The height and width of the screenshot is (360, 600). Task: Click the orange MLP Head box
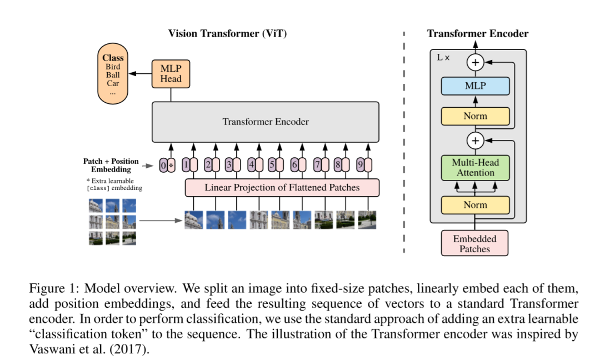pyautogui.click(x=171, y=74)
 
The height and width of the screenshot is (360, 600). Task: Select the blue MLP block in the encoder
pyautogui.click(x=475, y=86)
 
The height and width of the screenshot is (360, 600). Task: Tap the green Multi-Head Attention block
pyautogui.click(x=475, y=168)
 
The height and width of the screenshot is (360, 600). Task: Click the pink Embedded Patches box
pyautogui.click(x=474, y=243)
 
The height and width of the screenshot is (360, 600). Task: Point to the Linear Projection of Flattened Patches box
pyautogui.click(x=282, y=187)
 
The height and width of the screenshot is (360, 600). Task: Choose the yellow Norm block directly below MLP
pyautogui.click(x=475, y=116)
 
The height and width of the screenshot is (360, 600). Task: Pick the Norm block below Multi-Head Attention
pyautogui.click(x=475, y=205)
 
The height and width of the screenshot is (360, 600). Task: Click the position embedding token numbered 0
pyautogui.click(x=163, y=165)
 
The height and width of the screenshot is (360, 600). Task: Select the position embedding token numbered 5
pyautogui.click(x=272, y=165)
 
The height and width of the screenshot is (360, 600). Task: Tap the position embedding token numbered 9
pyautogui.click(x=361, y=165)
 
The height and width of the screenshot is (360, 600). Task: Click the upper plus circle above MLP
pyautogui.click(x=475, y=62)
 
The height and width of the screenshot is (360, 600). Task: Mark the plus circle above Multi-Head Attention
pyautogui.click(x=475, y=141)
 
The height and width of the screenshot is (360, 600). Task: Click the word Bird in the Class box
pyautogui.click(x=113, y=67)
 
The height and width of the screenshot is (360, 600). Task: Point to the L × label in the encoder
pyautogui.click(x=443, y=57)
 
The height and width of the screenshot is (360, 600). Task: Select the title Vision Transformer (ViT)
pyautogui.click(x=227, y=34)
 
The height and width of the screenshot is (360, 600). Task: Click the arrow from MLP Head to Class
pyautogui.click(x=140, y=73)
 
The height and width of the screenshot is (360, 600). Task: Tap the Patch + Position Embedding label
pyautogui.click(x=111, y=165)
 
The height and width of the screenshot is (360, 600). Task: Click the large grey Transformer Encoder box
pyautogui.click(x=266, y=122)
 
